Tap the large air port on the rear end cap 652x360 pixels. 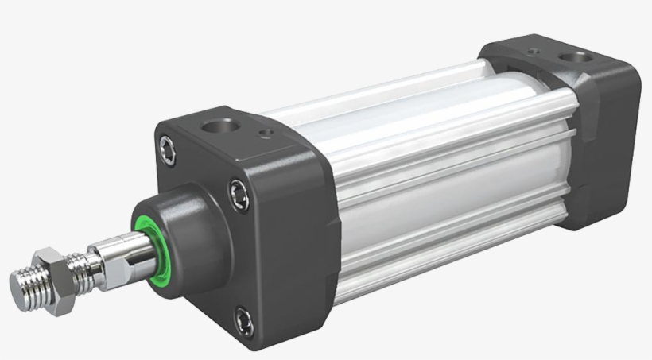(570, 57)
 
